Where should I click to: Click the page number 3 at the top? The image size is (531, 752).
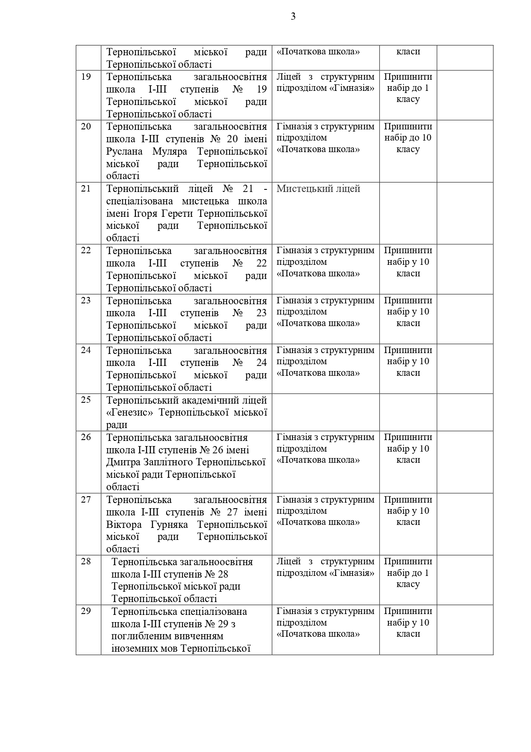[x=293, y=17]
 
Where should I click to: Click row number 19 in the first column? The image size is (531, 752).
[x=86, y=77]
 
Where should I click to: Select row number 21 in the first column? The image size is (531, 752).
[x=86, y=189]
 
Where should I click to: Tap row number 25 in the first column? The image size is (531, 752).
[x=86, y=400]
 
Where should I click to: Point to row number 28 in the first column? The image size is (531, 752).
[x=86, y=561]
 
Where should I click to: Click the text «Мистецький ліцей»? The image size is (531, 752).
[x=318, y=189]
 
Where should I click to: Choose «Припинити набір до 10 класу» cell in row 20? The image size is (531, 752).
[x=408, y=138]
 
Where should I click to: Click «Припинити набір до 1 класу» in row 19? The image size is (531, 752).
[x=408, y=88]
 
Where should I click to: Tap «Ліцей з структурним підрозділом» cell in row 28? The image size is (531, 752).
[x=325, y=567]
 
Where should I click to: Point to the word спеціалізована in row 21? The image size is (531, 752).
[x=140, y=201]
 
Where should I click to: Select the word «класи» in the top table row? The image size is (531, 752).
[x=408, y=51]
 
